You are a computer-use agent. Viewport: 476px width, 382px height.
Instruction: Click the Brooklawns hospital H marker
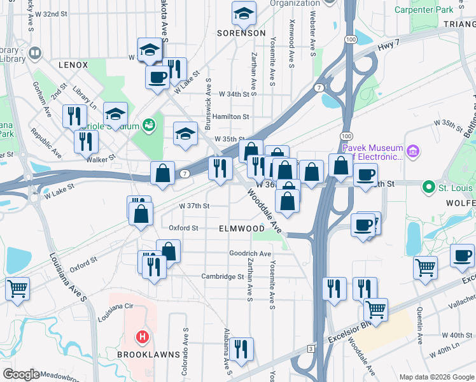point(143,336)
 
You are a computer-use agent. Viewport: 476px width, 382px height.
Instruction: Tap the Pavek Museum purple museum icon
point(414,151)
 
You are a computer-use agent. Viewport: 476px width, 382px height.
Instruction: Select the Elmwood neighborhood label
point(242,228)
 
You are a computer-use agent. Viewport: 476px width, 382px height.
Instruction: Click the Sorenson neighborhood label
point(241,32)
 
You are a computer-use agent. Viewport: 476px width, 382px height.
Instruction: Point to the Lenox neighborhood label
point(73,65)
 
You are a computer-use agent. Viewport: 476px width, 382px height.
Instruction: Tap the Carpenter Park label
point(424,10)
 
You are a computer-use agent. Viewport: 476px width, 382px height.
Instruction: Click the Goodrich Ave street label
point(251,253)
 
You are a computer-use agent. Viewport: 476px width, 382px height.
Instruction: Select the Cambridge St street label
point(223,276)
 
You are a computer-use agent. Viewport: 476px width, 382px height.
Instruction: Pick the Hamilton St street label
point(231,117)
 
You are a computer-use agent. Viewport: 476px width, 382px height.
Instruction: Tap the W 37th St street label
point(194,206)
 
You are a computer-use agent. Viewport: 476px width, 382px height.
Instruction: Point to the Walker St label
point(102,156)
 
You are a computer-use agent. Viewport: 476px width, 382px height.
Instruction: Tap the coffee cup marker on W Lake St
point(157,77)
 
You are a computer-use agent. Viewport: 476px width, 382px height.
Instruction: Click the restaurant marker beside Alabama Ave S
point(242,348)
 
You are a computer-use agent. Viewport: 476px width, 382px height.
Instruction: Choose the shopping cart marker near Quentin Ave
point(425,266)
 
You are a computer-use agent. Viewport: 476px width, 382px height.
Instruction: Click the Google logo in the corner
point(21,374)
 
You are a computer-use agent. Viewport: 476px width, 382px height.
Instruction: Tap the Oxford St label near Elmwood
point(183,227)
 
